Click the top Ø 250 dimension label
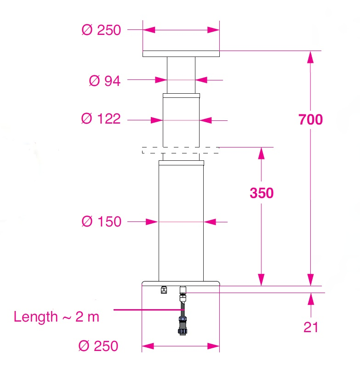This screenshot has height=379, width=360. pos(101,30)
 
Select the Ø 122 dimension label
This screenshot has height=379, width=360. pos(101,119)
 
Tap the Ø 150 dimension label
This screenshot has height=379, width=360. pos(101,221)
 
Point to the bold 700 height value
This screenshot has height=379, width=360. pos(310,119)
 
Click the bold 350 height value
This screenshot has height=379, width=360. pos(261,193)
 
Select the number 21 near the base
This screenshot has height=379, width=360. pos(311,327)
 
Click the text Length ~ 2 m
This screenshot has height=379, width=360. pos(56,317)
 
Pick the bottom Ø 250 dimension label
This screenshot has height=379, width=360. pos(99,345)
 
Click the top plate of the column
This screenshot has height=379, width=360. pos(181,54)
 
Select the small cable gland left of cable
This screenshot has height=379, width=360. pos(163,289)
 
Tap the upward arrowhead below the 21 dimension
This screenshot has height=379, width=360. pos(311,299)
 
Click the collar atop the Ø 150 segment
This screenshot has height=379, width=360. pos(181,163)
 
